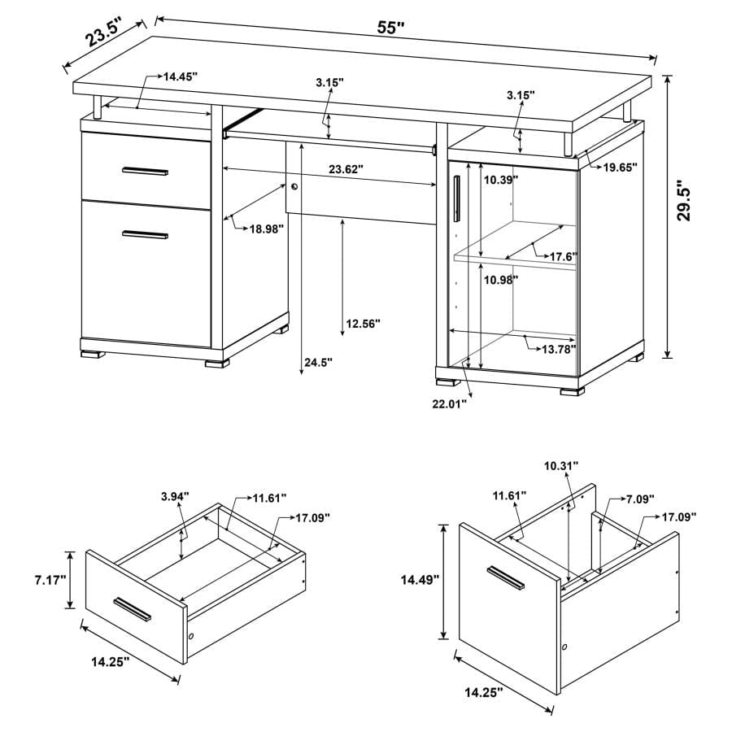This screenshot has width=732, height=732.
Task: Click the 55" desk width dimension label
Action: pyautogui.click(x=391, y=28)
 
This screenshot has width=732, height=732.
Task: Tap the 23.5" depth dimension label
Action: pyautogui.click(x=102, y=35)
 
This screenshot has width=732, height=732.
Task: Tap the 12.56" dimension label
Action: pyautogui.click(x=363, y=324)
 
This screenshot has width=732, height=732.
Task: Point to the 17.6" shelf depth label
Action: pyautogui.click(x=563, y=257)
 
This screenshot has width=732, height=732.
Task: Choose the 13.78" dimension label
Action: pyautogui.click(x=559, y=349)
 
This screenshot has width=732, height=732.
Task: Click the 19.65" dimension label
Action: pyautogui.click(x=620, y=167)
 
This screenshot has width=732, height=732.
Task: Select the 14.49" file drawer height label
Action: pyautogui.click(x=420, y=579)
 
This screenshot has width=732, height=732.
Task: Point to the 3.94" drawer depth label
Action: pyautogui.click(x=175, y=495)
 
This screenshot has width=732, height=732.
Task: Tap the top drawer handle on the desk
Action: pyautogui.click(x=145, y=171)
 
